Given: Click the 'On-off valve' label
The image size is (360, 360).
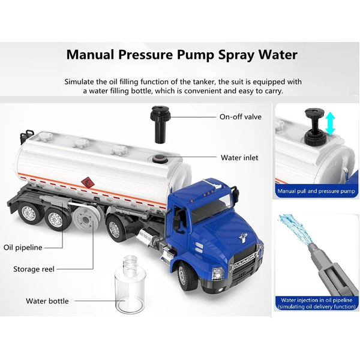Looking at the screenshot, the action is tap(241, 117).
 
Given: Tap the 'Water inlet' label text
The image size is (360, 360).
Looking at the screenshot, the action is tap(239, 158).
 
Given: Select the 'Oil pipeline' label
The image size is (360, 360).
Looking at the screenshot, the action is tap(23, 247).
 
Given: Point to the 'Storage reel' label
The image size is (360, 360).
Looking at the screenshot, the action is tap(34, 269).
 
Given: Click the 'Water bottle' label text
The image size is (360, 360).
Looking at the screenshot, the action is tap(47, 301).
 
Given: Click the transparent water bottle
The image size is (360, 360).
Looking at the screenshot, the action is tap(130, 284).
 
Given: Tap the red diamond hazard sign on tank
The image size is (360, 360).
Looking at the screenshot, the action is tap(87, 182).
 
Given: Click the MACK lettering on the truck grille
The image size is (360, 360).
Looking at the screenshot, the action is tap(245, 260).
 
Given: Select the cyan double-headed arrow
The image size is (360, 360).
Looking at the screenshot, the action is tap(330, 123).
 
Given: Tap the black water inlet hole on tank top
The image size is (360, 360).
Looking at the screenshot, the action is tap(159, 158).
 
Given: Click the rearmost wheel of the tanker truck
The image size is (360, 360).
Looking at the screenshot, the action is tap(30, 214).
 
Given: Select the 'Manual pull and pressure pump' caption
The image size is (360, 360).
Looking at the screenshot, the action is tap(316, 191).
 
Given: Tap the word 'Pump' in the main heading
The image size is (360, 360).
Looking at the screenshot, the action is tap(195, 55).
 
